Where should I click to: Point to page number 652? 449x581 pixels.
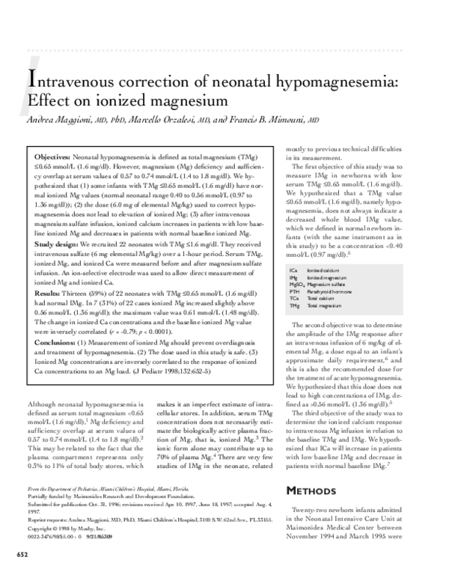[x=22, y=574]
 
